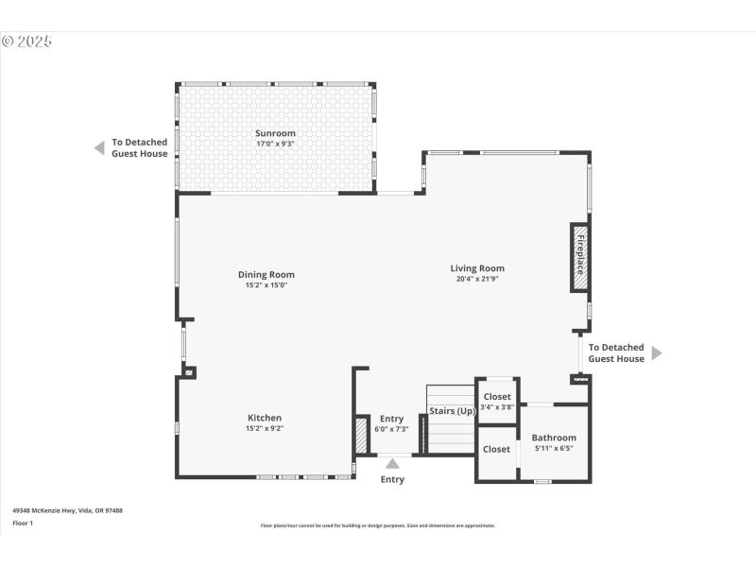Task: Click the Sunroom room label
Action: click(x=275, y=133)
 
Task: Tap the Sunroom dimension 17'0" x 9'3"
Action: click(x=275, y=144)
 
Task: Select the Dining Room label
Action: click(x=266, y=275)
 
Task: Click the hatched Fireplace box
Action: click(x=578, y=258)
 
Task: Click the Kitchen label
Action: click(x=265, y=418)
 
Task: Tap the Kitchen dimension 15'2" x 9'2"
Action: click(x=265, y=428)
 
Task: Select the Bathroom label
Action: click(x=554, y=438)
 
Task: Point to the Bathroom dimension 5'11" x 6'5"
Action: click(x=554, y=448)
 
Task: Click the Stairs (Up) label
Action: click(x=452, y=411)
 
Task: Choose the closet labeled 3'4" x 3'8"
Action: click(x=497, y=401)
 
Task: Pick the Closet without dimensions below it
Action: click(x=496, y=449)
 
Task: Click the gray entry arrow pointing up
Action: click(x=392, y=463)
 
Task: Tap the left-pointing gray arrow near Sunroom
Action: click(x=98, y=147)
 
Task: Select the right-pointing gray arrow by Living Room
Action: click(x=657, y=352)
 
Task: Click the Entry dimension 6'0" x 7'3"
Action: click(x=391, y=429)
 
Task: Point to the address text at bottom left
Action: click(x=67, y=510)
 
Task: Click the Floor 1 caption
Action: click(x=23, y=523)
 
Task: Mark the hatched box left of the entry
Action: click(x=361, y=436)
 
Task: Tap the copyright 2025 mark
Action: click(x=26, y=42)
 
